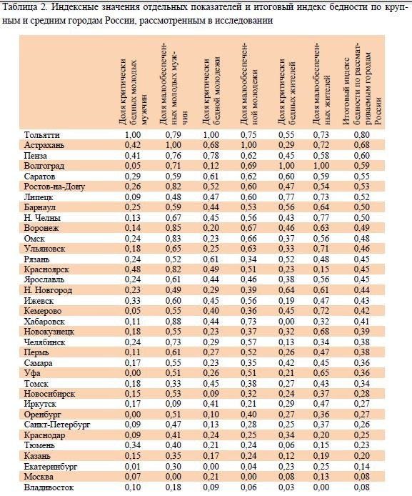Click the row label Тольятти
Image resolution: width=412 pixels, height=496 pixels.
[41, 135]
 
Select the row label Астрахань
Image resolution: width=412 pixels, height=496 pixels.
[44, 145]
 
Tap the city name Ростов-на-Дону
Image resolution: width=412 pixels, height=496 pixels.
[54, 187]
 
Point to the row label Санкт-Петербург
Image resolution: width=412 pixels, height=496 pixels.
[57, 425]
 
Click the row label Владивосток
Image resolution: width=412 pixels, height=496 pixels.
[49, 487]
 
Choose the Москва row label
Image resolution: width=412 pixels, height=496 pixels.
[39, 477]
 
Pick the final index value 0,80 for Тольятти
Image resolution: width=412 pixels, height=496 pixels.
[361, 135]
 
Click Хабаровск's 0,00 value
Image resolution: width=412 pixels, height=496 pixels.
[286, 322]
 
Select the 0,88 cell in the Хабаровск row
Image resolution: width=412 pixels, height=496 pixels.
[173, 322]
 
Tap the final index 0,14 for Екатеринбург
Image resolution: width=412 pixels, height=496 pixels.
[361, 467]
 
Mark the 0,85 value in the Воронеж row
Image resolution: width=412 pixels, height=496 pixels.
[173, 228]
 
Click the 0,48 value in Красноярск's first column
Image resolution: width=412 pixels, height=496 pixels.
[133, 269]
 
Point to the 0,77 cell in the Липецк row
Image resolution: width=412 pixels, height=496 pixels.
[286, 197]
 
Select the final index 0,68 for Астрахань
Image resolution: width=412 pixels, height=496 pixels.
[361, 145]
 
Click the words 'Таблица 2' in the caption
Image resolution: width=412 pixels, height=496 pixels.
[21, 7]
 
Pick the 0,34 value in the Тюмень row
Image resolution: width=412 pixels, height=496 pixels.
[133, 446]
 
